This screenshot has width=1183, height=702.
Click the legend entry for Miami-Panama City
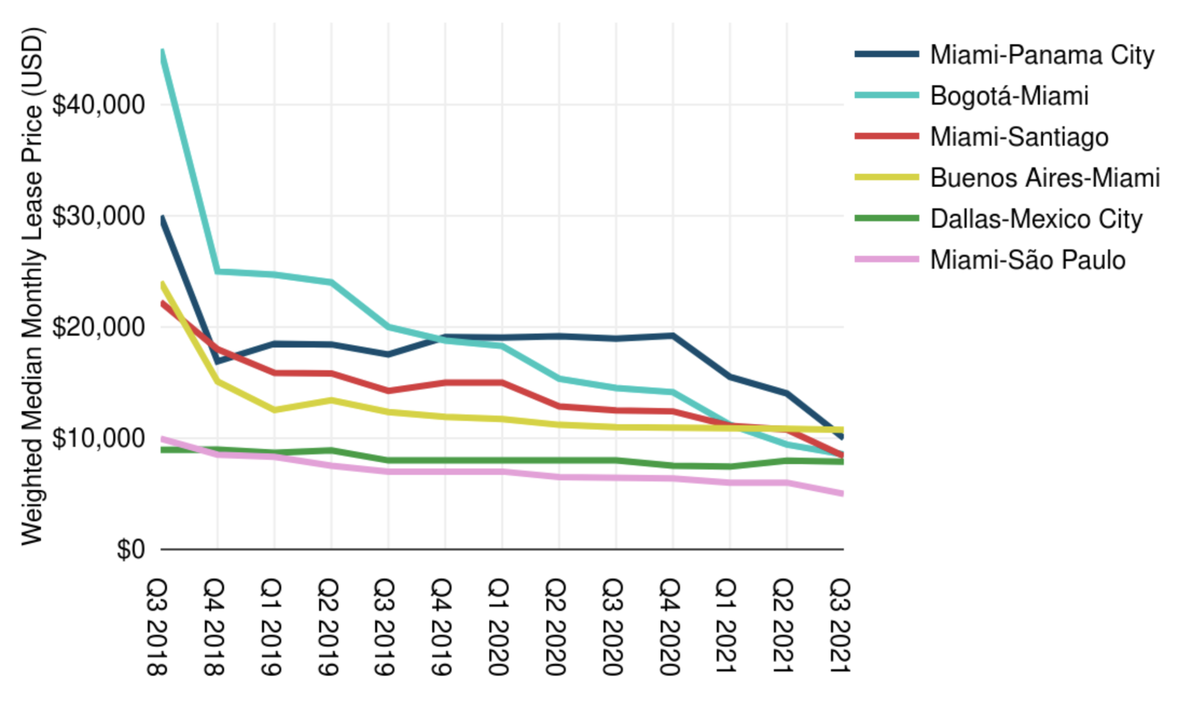[1041, 55]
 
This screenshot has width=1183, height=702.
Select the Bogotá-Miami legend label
[1009, 96]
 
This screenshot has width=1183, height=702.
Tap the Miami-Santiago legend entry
[1019, 137]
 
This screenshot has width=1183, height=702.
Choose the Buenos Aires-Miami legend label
[1044, 178]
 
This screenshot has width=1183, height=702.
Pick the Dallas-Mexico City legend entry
[1036, 219]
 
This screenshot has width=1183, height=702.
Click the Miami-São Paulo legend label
[1027, 260]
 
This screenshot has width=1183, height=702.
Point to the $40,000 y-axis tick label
[99, 105]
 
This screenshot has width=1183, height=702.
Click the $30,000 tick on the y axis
[99, 216]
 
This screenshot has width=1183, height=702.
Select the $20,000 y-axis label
[99, 327]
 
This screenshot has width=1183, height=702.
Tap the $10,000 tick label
[99, 438]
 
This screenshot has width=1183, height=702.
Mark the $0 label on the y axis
[130, 549]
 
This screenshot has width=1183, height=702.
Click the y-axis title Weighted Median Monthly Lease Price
[32, 285]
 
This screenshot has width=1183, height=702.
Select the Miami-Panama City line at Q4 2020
[673, 335]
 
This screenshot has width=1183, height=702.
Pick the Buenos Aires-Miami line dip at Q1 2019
[274, 410]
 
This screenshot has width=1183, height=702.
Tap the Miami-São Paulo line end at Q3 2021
[841, 494]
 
